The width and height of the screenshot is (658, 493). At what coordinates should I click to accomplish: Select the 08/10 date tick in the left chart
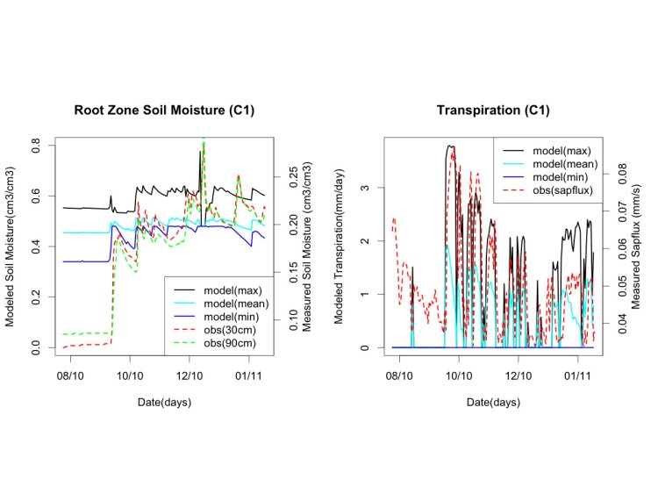(x=70, y=375)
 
